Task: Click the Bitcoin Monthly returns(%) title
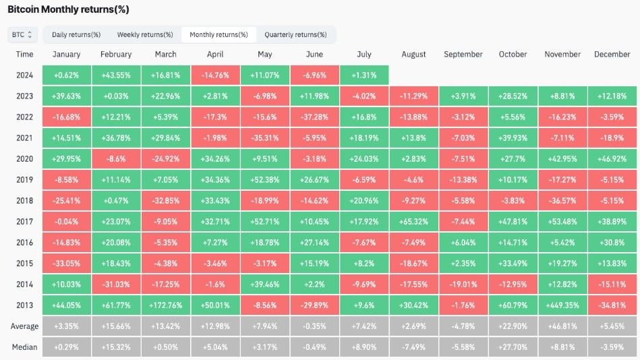click(68, 9)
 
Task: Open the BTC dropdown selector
click(22, 34)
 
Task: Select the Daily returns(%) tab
click(76, 34)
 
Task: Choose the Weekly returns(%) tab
click(145, 34)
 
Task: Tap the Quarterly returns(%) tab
click(295, 34)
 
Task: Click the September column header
click(463, 55)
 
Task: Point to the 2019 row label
click(24, 179)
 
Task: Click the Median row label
click(24, 347)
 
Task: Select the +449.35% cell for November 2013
click(562, 305)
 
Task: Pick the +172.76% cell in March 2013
click(166, 305)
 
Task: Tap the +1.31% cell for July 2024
click(364, 75)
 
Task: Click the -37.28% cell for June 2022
click(314, 117)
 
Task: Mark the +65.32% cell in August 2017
click(413, 222)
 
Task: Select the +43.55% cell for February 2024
click(116, 75)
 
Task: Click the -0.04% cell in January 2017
click(67, 222)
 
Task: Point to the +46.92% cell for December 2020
click(612, 159)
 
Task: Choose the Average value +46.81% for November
click(562, 326)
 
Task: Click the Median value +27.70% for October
click(513, 347)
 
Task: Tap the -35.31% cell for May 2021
click(265, 138)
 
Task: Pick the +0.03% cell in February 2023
click(116, 96)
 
